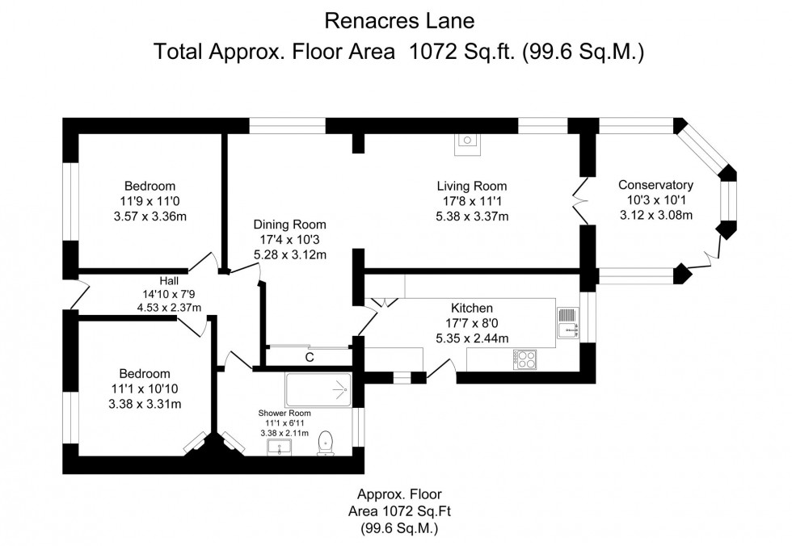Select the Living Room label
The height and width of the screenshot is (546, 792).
coord(472,186)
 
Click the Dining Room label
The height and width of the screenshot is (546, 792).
coord(289,225)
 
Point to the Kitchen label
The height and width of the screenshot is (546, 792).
coord(472,308)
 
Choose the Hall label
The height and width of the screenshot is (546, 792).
coord(168,279)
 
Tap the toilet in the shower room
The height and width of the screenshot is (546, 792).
coord(326,442)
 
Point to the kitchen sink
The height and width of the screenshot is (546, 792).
coord(567,320)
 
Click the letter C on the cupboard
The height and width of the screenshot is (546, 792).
coord(309,357)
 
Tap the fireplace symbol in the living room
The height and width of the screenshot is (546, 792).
coord(467,142)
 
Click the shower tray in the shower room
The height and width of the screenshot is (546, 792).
coord(318,390)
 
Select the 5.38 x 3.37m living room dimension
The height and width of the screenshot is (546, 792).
coord(472,216)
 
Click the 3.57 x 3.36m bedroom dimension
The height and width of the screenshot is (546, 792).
coord(150,216)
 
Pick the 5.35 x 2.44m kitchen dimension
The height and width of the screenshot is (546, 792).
coord(472,338)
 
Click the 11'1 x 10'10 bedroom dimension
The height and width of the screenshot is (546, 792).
coord(145,388)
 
